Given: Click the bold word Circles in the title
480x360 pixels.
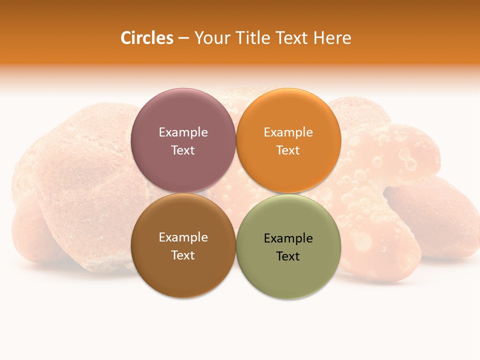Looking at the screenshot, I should click(146, 38).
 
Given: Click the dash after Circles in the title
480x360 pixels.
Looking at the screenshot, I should click(183, 38).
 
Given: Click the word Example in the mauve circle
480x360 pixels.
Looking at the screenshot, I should click(183, 132).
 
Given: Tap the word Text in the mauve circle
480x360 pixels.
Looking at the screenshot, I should click(183, 150).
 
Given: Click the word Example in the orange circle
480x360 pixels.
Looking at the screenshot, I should click(288, 132).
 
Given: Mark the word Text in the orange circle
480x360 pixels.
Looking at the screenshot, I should click(288, 150).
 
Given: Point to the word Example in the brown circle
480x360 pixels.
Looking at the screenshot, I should click(183, 237).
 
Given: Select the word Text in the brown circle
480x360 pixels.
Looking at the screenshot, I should click(183, 255).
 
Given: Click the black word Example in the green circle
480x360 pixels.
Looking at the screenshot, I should click(288, 238).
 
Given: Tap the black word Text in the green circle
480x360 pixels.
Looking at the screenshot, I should click(288, 256).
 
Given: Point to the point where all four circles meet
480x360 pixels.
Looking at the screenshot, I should click(235, 193).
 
